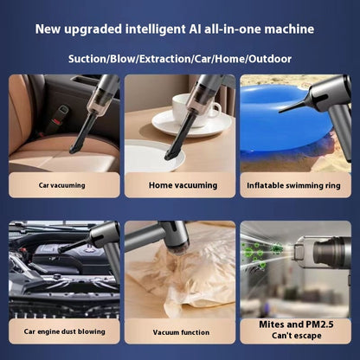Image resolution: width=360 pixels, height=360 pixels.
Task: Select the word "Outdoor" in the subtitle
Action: click(270, 59)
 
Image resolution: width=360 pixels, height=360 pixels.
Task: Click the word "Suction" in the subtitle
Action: click(87, 59)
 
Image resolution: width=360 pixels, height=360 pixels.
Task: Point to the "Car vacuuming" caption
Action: click(62, 185)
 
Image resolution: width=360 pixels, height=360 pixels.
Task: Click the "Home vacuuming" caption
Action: click(183, 185)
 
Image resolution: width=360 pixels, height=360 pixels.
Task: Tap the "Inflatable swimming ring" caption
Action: click(293, 185)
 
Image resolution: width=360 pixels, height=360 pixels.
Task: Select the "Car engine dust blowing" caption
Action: click(64, 331)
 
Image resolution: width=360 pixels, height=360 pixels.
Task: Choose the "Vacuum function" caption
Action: click(181, 332)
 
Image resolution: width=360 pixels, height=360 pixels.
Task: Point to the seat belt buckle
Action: click(58, 119)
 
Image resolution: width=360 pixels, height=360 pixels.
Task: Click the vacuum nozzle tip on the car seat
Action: click(74, 150)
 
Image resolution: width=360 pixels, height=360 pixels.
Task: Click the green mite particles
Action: click(261, 254)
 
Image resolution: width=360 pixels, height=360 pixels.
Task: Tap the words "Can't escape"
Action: click(297, 336)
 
